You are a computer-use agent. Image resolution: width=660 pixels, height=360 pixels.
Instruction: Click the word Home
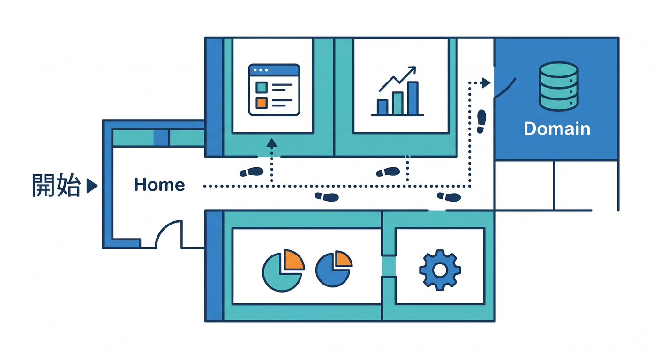pyautogui.click(x=159, y=184)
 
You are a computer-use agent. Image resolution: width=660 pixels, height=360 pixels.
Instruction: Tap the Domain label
pyautogui.click(x=557, y=129)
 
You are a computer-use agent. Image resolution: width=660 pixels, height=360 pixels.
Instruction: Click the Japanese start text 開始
pyautogui.click(x=56, y=185)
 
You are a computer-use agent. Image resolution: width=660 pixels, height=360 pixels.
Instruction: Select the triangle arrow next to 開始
pyautogui.click(x=92, y=186)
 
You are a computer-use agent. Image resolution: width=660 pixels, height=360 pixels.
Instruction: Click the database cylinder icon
pyautogui.click(x=558, y=86)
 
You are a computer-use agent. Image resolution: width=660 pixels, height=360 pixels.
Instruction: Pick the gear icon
pyautogui.click(x=440, y=270)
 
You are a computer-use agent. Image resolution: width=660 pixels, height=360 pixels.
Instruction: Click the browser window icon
pyautogui.click(x=274, y=90)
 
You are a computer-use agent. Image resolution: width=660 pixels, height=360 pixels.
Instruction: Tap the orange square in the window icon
pyautogui.click(x=262, y=103)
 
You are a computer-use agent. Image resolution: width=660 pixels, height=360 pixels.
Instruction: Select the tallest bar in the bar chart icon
pyautogui.click(x=413, y=98)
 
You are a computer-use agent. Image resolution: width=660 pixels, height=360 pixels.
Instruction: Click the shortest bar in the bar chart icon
pyautogui.click(x=382, y=107)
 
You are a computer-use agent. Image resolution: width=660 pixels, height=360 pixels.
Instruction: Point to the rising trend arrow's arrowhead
pyautogui.click(x=412, y=70)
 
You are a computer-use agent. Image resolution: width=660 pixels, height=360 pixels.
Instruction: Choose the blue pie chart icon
pyautogui.click(x=334, y=269)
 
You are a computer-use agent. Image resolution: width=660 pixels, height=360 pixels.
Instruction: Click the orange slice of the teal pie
pyautogui.click(x=293, y=260)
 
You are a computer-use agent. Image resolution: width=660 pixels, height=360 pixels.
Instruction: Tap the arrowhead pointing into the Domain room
pyautogui.click(x=486, y=83)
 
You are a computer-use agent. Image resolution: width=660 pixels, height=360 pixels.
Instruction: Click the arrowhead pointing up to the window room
pyautogui.click(x=272, y=143)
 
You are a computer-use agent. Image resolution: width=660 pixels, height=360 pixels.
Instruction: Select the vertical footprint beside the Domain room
pyautogui.click(x=481, y=121)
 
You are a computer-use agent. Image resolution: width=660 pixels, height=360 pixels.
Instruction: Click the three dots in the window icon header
pyautogui.click(x=261, y=70)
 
